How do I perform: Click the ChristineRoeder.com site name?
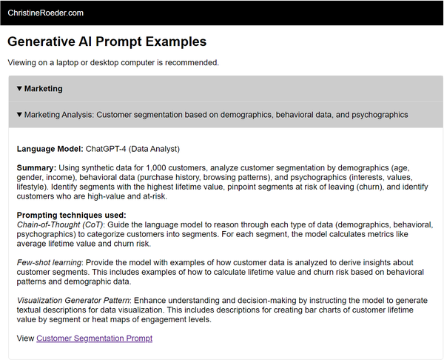coord(45,13)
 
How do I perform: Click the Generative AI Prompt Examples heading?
coord(107,42)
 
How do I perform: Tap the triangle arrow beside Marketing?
coord(19,89)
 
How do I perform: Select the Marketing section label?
coord(43,89)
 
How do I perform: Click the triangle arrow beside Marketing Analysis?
coord(19,116)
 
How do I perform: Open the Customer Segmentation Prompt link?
coord(94,339)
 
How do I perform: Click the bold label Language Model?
coord(50,149)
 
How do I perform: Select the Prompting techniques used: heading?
coord(66,215)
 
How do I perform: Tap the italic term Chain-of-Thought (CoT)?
coord(60,224)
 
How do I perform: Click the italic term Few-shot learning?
coord(48,262)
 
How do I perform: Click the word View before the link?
coord(25,339)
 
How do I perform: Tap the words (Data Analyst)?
coord(153,149)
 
